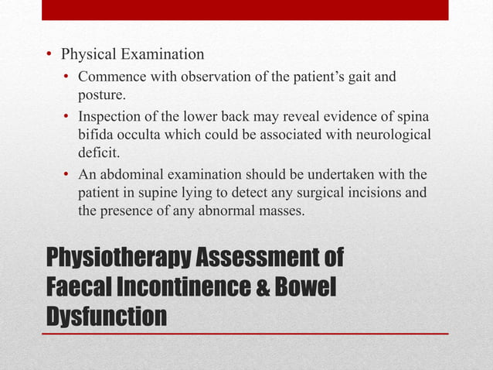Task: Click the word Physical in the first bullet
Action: pos(87,55)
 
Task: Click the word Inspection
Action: pos(110,116)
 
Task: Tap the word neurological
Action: pos(391,135)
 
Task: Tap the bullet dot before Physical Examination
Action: pos(49,55)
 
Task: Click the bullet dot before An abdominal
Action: pos(67,173)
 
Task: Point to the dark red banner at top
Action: pos(245,9)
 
